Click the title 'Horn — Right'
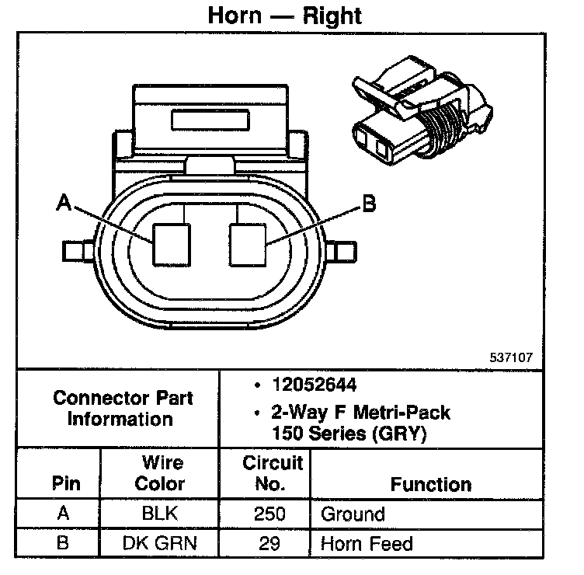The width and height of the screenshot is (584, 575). pyautogui.click(x=285, y=15)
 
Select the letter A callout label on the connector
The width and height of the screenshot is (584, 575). pyautogui.click(x=64, y=204)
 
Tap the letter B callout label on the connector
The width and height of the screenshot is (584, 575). pyautogui.click(x=368, y=204)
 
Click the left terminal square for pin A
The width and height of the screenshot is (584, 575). pyautogui.click(x=170, y=243)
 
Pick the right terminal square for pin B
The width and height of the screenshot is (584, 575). pyautogui.click(x=247, y=243)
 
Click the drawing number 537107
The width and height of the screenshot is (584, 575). pyautogui.click(x=511, y=360)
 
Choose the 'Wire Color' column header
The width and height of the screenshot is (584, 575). pyautogui.click(x=160, y=473)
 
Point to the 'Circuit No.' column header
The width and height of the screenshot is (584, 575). pyautogui.click(x=272, y=473)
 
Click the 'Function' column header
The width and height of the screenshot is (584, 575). pyautogui.click(x=431, y=484)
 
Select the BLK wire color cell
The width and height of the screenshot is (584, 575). pyautogui.click(x=159, y=514)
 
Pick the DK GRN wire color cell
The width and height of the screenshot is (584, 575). pyautogui.click(x=159, y=544)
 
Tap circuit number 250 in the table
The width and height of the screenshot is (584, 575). pyautogui.click(x=270, y=514)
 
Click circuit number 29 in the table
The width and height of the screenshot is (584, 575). pyautogui.click(x=269, y=544)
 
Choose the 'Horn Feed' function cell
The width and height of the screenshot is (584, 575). pyautogui.click(x=367, y=544)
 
